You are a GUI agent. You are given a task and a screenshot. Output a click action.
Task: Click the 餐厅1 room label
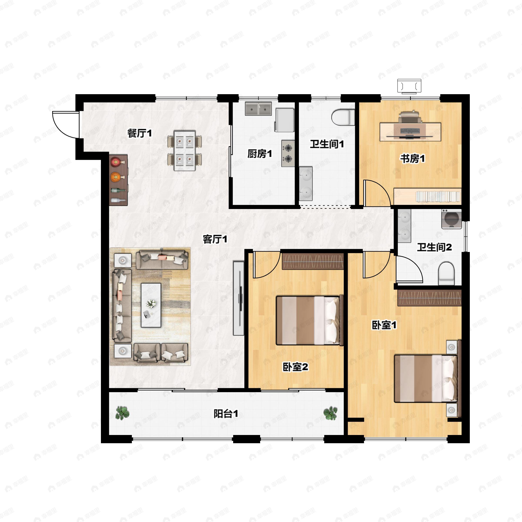[139, 133]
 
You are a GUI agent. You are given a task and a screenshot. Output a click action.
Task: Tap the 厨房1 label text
[259, 154]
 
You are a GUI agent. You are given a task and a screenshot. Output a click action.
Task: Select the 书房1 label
[412, 158]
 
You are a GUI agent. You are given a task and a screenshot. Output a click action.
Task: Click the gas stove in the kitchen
[288, 153]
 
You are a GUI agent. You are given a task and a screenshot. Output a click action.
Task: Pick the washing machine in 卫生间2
[452, 219]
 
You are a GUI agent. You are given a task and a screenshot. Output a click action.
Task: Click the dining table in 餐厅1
[184, 151]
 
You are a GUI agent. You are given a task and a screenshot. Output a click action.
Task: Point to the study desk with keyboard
[410, 132]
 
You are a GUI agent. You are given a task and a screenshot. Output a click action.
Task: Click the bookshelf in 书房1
[427, 196]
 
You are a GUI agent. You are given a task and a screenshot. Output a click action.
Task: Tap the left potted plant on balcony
[122, 413]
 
